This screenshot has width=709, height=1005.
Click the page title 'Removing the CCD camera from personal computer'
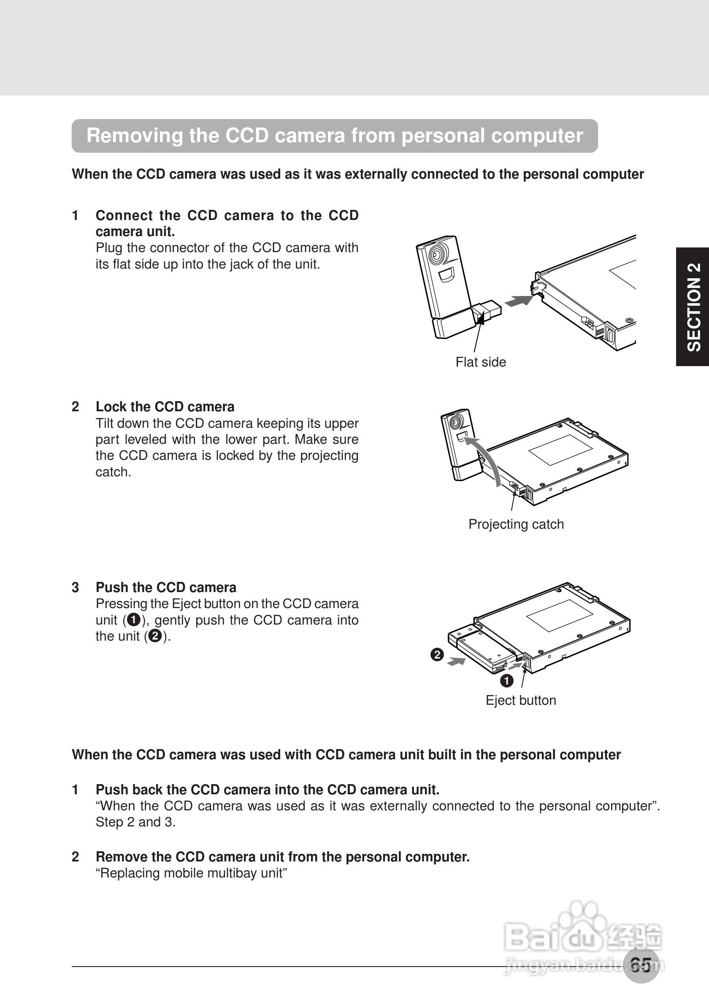pyautogui.click(x=335, y=136)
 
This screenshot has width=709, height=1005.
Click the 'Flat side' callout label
pyautogui.click(x=480, y=362)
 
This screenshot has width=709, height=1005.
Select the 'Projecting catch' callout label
pyautogui.click(x=516, y=524)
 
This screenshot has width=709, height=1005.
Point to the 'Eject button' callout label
pyautogui.click(x=520, y=700)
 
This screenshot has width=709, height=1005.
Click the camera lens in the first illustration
pyautogui.click(x=436, y=253)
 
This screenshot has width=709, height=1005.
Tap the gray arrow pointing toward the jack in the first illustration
pyautogui.click(x=519, y=301)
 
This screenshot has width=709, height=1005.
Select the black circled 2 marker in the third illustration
pyautogui.click(x=437, y=655)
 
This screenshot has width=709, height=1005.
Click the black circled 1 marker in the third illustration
pyautogui.click(x=506, y=681)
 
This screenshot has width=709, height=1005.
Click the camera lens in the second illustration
pyautogui.click(x=456, y=421)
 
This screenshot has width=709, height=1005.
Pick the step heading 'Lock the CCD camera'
pyautogui.click(x=165, y=407)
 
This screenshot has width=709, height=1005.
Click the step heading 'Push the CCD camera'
pyautogui.click(x=166, y=587)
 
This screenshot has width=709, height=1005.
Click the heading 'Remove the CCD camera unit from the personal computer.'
pyautogui.click(x=283, y=857)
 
